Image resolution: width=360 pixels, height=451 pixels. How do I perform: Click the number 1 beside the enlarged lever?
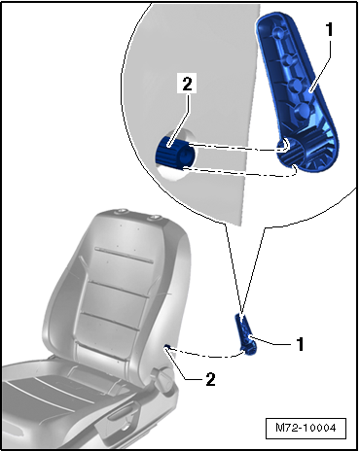point(329,30)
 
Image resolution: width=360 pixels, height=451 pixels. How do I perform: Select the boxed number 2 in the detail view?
point(187,85)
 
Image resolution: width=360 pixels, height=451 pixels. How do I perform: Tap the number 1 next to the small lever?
point(301,344)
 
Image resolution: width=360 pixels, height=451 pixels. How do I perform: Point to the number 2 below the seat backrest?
point(210,379)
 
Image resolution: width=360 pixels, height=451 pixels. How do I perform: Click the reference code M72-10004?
point(306,428)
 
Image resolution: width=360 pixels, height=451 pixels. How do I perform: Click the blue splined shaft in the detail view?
point(174,153)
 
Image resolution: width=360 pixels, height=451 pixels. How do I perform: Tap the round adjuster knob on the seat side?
point(166,380)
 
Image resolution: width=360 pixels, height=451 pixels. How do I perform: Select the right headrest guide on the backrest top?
point(155,218)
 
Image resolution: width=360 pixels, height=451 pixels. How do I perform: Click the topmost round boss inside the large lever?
point(277,32)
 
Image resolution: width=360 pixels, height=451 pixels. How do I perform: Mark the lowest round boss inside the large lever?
point(303,111)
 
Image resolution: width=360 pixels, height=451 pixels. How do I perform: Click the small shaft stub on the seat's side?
point(167,347)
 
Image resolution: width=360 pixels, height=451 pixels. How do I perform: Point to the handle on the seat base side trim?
point(119,414)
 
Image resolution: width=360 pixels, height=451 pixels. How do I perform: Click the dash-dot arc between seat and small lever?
point(206,356)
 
